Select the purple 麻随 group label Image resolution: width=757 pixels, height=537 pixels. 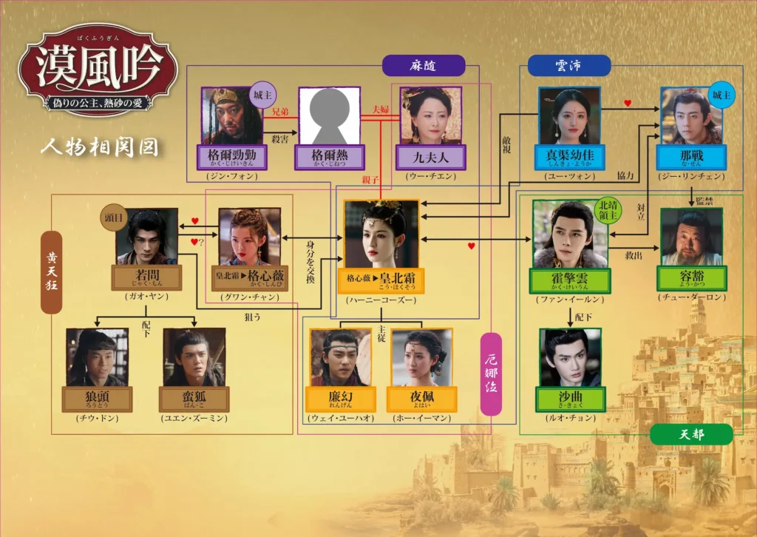coord(424,65)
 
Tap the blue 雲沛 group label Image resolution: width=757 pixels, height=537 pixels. coord(568,65)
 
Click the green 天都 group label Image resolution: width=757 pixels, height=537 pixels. coord(690,434)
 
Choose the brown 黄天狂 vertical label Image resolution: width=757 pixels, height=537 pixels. coord(51,271)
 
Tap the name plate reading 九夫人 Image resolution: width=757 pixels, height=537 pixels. coord(430,157)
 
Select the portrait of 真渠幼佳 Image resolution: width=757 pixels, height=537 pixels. coord(568,115)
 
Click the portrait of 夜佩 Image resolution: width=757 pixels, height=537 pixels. coord(421,357)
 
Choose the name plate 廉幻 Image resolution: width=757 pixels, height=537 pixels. coord(341,399)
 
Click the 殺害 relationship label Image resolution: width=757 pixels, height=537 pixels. coord(279,139)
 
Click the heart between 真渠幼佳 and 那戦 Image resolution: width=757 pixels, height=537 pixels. coord(628,104)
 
